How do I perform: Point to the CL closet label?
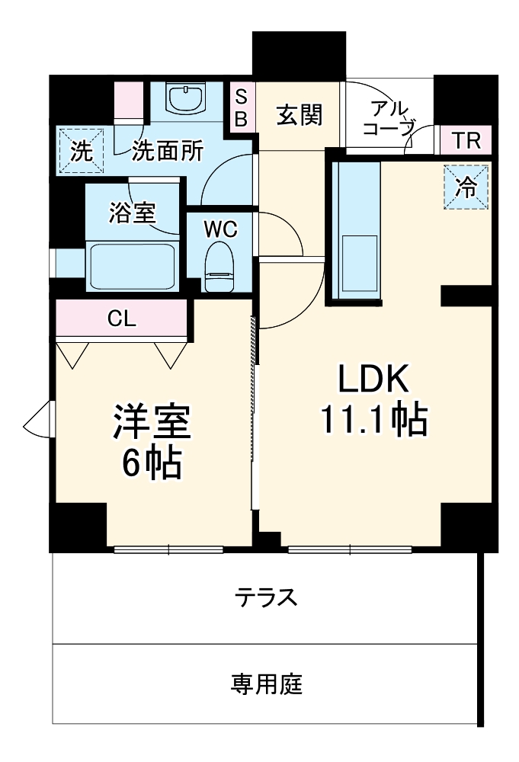click(121, 319)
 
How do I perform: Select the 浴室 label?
click(133, 213)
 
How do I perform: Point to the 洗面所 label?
click(168, 151)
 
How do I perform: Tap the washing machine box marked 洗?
click(81, 151)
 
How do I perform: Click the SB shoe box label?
click(241, 108)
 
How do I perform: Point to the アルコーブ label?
click(389, 117)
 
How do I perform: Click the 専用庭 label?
click(266, 684)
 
